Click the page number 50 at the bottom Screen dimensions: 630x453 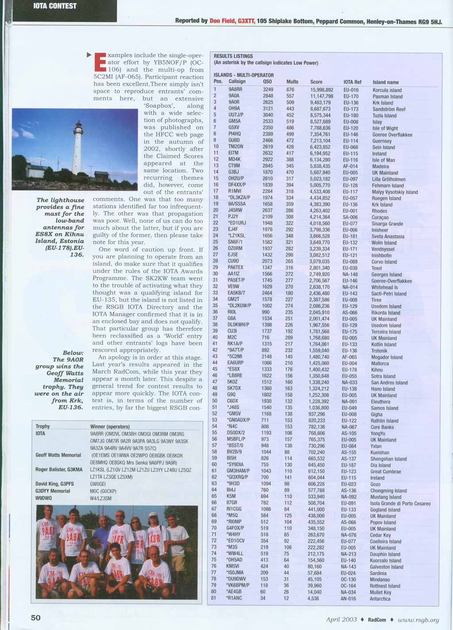tap(36, 618)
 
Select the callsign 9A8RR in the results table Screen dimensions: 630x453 tap(235, 90)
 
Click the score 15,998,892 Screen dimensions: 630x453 tap(322, 90)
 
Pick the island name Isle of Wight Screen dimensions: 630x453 tap(385, 128)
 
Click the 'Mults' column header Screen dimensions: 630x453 tap(292, 82)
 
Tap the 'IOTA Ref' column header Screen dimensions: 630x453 tap(353, 82)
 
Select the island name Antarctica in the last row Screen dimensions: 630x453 tap(380, 599)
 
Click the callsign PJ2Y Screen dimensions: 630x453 tap(233, 217)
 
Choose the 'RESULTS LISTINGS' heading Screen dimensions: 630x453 tap(233, 56)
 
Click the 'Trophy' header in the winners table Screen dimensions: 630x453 tap(43, 426)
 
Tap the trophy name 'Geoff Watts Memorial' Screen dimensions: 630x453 tap(58, 455)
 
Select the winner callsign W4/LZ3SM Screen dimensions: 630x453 tap(101, 499)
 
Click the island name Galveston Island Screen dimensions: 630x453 tap(387, 567)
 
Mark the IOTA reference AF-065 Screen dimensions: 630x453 tap(349, 357)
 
